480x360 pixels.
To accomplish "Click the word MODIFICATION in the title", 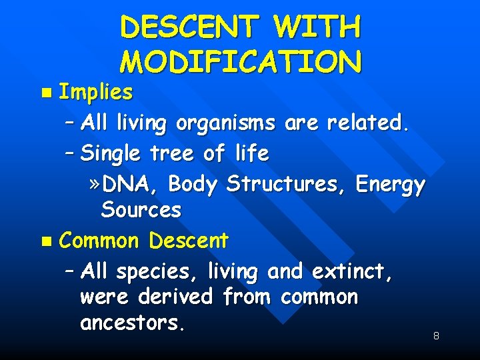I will (x=241, y=61).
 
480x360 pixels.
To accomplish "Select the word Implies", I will (x=96, y=93).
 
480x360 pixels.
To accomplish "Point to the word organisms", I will (x=226, y=123).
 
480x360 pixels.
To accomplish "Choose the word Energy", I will (x=390, y=183).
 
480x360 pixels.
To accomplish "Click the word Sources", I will (x=141, y=210).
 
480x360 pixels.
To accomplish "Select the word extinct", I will (x=353, y=271).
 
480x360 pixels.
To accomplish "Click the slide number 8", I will (x=436, y=336).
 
